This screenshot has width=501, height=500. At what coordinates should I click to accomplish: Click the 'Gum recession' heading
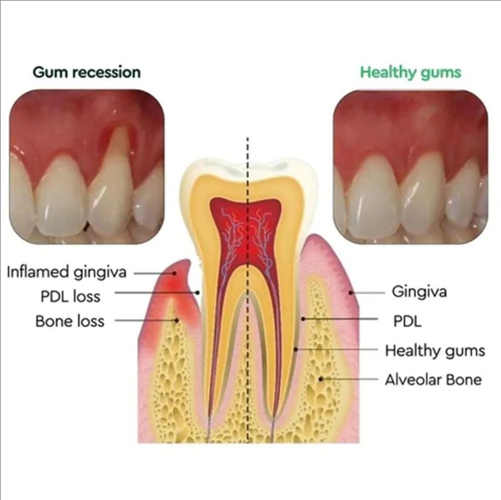click(86, 73)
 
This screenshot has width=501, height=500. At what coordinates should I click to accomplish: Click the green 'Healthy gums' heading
click(411, 73)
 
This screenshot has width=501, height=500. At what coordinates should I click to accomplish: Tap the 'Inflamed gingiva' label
click(66, 273)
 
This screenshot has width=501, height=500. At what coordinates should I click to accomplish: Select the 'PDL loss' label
click(70, 296)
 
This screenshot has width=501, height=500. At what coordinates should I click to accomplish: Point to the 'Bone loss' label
click(70, 321)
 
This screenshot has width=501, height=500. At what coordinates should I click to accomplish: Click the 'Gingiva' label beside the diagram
click(419, 292)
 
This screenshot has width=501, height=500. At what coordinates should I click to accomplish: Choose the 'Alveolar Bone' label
click(433, 380)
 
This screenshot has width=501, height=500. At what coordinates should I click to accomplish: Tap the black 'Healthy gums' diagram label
click(435, 351)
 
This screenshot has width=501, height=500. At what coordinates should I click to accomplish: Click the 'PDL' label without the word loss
click(407, 321)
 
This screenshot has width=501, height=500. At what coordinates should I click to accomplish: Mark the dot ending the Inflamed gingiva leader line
click(175, 273)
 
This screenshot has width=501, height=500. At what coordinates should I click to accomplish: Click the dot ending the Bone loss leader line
click(176, 320)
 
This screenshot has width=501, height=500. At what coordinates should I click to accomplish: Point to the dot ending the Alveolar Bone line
click(321, 379)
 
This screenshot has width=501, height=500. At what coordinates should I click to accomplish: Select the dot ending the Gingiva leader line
click(351, 292)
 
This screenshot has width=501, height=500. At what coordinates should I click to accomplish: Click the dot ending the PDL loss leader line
click(198, 292)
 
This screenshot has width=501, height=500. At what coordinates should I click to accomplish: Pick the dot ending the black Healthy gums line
click(296, 350)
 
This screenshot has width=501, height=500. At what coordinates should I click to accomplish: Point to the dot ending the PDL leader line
click(303, 319)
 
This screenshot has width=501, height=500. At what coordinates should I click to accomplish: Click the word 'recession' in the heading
click(108, 73)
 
